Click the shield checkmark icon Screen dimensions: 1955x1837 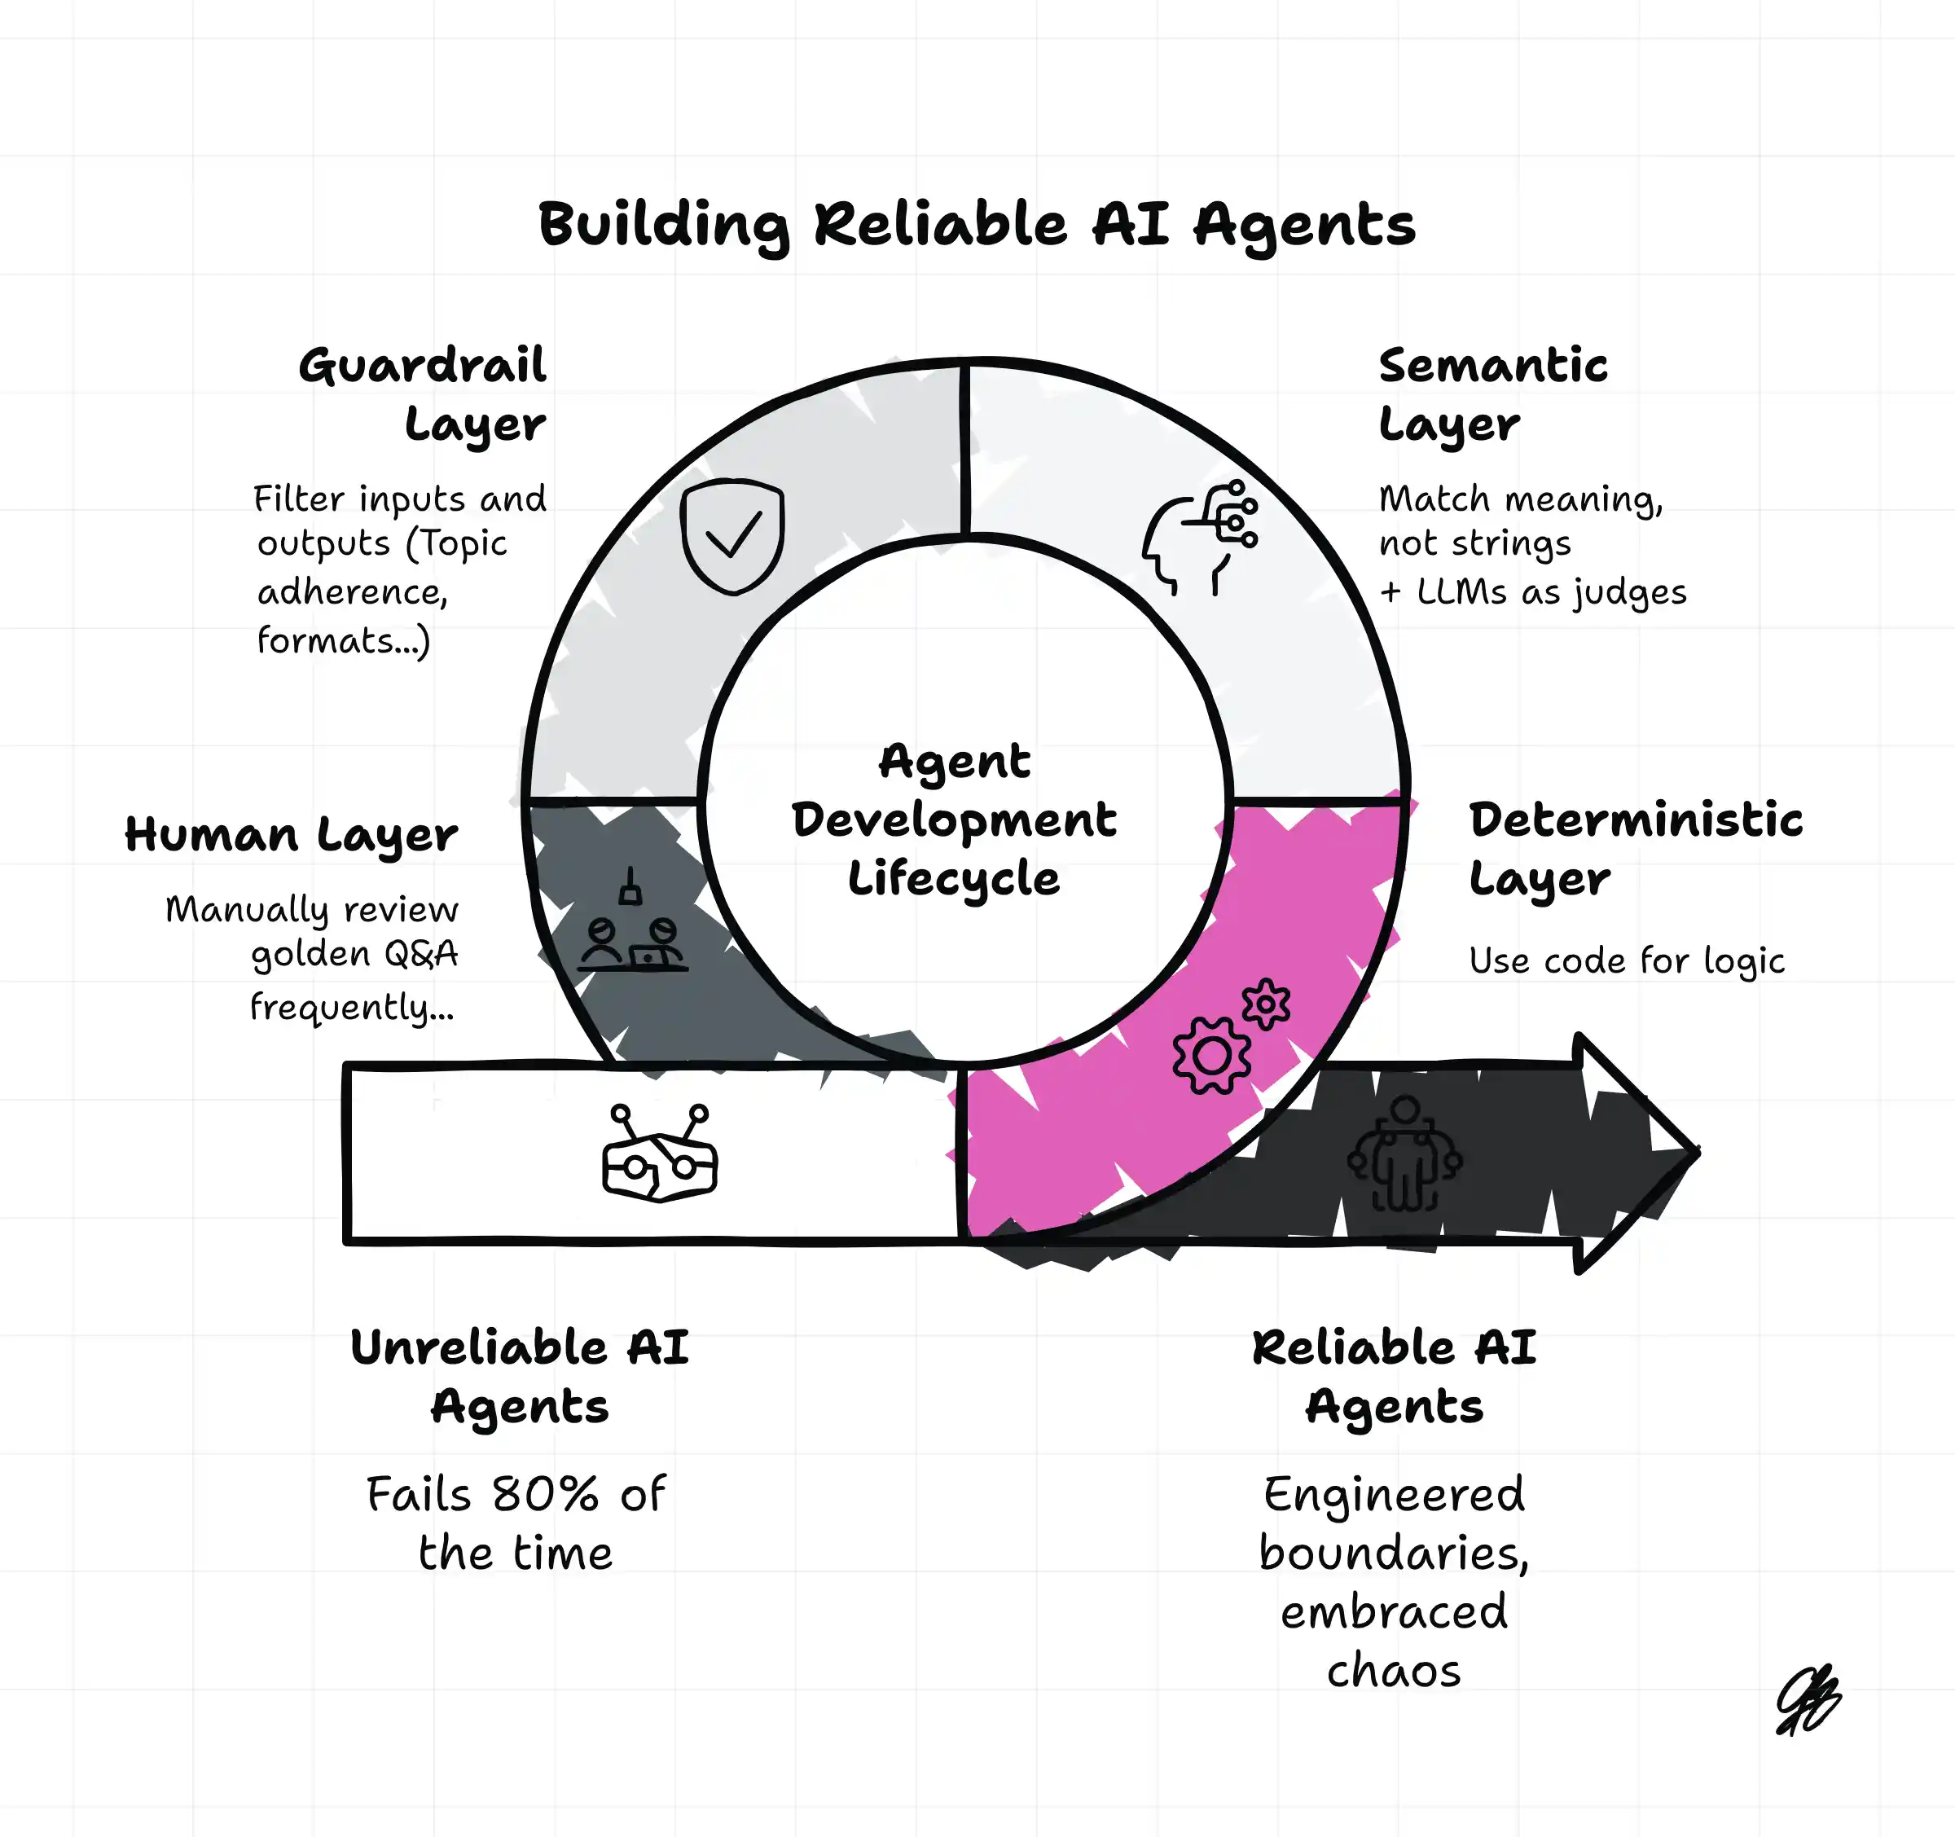(x=732, y=536)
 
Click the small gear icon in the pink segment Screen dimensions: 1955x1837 (x=1266, y=1004)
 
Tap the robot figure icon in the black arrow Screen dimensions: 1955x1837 (x=1404, y=1155)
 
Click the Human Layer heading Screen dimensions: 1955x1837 (x=291, y=836)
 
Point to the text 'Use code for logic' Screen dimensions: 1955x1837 (x=1627, y=960)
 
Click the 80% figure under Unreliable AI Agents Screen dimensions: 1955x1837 (x=545, y=1495)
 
